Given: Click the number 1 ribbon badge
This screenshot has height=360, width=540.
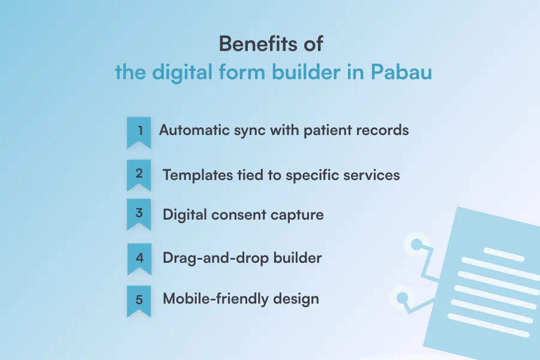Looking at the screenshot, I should (x=139, y=131).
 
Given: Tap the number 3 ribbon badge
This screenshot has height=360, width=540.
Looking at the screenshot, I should (x=139, y=214).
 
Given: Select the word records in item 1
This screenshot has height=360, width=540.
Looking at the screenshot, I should (x=382, y=130).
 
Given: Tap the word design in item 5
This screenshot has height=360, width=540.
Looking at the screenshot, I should (x=293, y=299).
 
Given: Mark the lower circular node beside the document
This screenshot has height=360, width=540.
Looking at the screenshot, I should (x=401, y=298).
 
